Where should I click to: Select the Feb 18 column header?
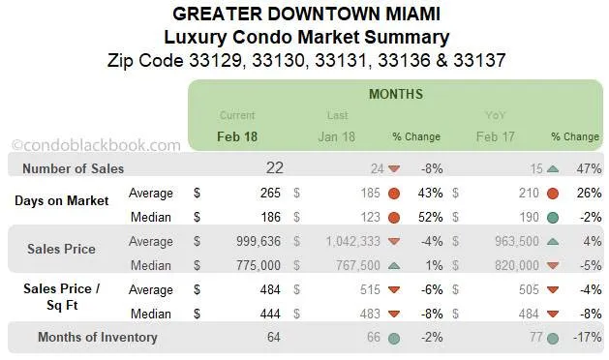pos(237,136)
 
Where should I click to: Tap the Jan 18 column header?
pos(336,136)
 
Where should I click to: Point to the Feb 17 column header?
pos(497,136)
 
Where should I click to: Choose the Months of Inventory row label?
pos(97,338)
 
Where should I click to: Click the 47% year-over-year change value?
pos(588,168)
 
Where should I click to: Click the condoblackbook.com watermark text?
pos(95,145)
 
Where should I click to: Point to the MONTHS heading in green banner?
pos(395,94)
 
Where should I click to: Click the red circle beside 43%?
pos(394,192)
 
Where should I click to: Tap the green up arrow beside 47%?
pos(553,168)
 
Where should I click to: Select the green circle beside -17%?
pos(553,338)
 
